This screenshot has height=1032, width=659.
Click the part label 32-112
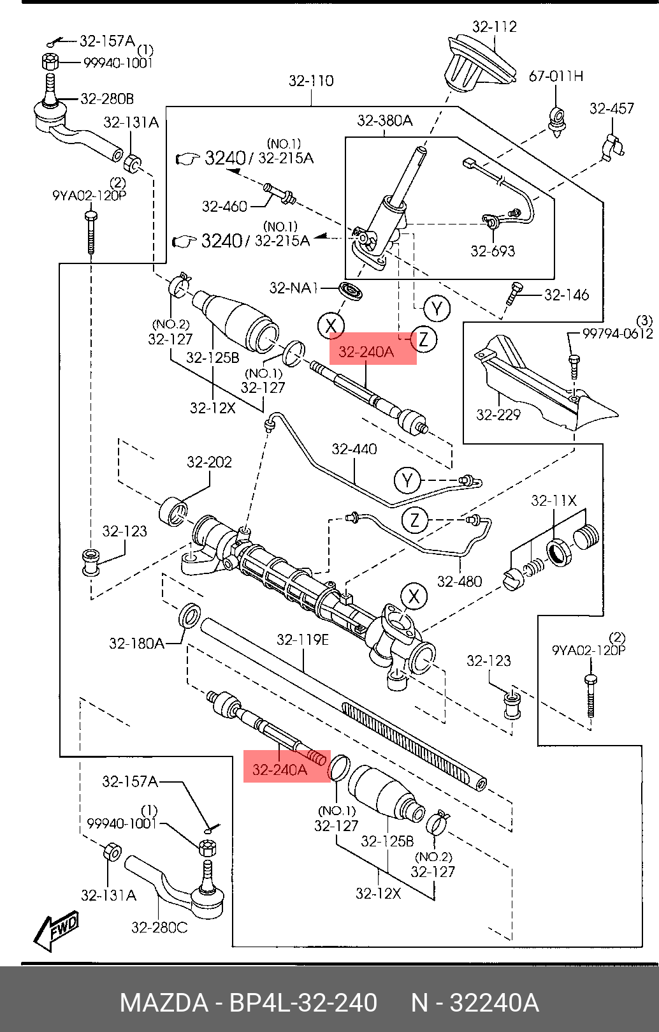pyautogui.click(x=494, y=27)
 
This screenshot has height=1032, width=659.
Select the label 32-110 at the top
pyautogui.click(x=311, y=81)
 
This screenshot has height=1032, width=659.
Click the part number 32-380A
pyautogui.click(x=384, y=121)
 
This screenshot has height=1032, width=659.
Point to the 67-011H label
pyautogui.click(x=556, y=77)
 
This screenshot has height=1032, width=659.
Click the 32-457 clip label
pyautogui.click(x=611, y=108)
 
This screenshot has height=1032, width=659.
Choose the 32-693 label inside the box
pyautogui.click(x=492, y=251)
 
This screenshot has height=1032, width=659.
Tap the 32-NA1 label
pyautogui.click(x=293, y=288)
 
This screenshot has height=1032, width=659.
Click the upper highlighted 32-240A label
pyautogui.click(x=367, y=352)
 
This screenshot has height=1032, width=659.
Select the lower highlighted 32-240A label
pyautogui.click(x=280, y=770)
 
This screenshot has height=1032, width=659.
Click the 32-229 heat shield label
pyautogui.click(x=498, y=415)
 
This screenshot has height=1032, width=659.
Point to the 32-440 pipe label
pyautogui.click(x=354, y=449)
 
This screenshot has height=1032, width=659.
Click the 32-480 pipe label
pyautogui.click(x=459, y=581)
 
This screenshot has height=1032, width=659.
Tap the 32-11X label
pyautogui.click(x=553, y=501)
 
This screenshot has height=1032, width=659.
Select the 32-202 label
pyautogui.click(x=209, y=462)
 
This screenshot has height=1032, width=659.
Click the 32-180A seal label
pyautogui.click(x=136, y=643)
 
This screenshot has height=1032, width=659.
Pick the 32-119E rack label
pyautogui.click(x=303, y=639)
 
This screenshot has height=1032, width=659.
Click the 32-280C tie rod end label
pyautogui.click(x=159, y=927)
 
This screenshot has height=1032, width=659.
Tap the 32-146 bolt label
pyautogui.click(x=566, y=295)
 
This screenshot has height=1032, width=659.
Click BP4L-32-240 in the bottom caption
pyautogui.click(x=303, y=1003)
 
